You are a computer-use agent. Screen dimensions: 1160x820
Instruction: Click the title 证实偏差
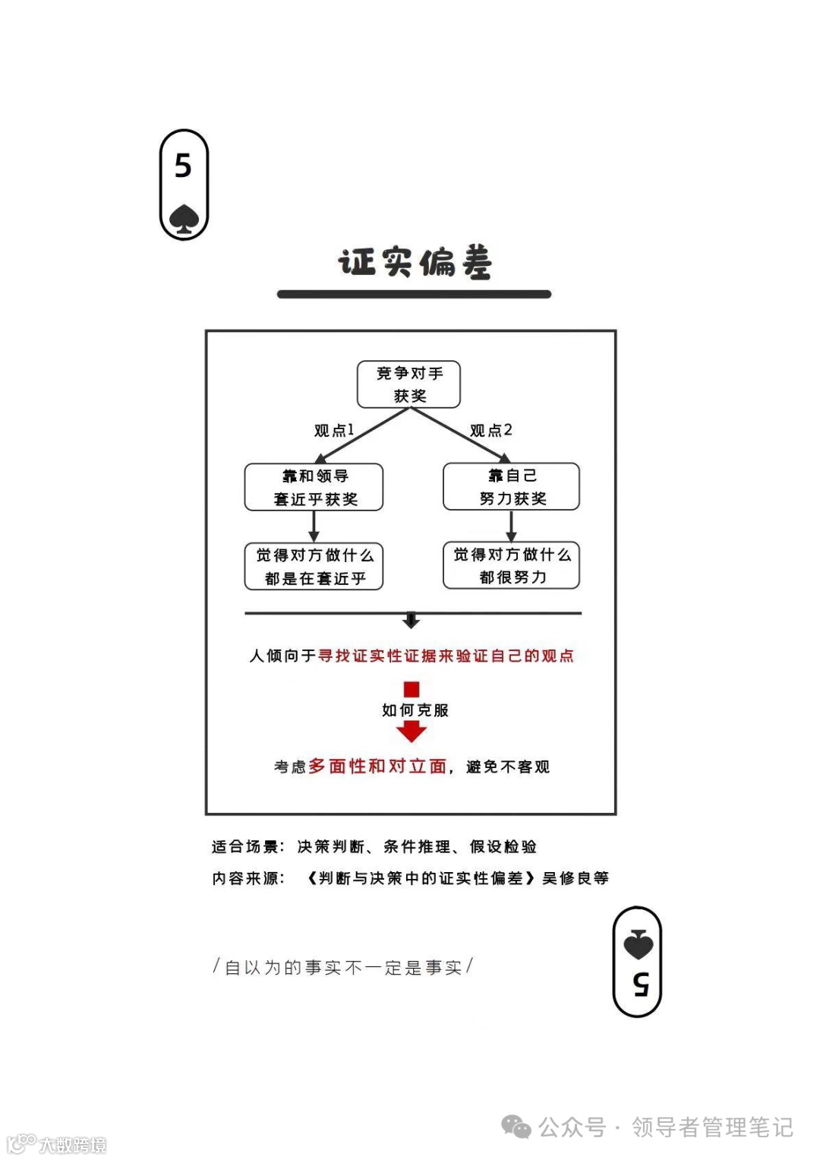pos(415,262)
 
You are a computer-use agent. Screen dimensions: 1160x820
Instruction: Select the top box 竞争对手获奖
pos(409,384)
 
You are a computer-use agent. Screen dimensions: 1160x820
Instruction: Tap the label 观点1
pos(334,431)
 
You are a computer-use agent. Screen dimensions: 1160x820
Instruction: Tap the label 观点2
pos(490,431)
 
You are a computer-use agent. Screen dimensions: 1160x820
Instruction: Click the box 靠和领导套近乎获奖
pos(314,487)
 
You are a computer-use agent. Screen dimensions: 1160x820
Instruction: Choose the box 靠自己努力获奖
pos(511,487)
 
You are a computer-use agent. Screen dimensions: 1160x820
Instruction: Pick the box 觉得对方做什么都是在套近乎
pos(314,566)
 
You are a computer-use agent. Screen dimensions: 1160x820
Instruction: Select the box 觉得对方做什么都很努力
pos(511,565)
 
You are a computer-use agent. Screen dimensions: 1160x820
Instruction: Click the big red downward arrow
pos(412,731)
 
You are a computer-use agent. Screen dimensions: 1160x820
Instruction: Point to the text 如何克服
pos(415,710)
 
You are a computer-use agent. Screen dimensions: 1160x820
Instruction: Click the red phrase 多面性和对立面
pos(377,766)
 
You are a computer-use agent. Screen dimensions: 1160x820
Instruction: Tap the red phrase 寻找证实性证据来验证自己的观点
pos(446,656)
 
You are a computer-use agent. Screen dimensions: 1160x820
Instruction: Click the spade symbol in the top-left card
pos(184,219)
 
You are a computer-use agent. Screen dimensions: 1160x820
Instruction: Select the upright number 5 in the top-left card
pos(183,166)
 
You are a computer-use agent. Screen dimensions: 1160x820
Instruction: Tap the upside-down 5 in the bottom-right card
pos(640,984)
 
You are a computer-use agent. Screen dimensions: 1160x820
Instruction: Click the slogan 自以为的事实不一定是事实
pos(343,967)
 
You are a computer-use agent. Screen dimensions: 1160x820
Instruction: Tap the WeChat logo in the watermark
pos(517,1127)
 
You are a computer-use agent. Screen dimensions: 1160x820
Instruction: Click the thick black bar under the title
pos(414,294)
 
